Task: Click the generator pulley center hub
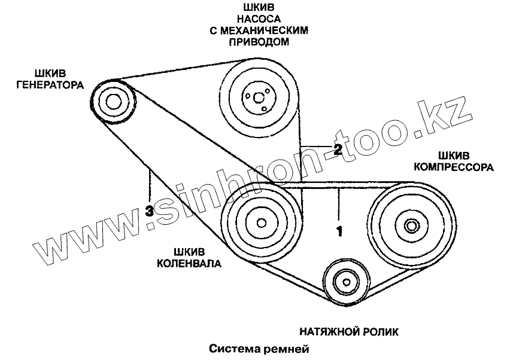113,100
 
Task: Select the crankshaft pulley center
261,222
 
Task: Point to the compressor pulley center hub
411,225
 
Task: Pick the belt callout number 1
339,229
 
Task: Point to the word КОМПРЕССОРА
453,168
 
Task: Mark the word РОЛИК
379,330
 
